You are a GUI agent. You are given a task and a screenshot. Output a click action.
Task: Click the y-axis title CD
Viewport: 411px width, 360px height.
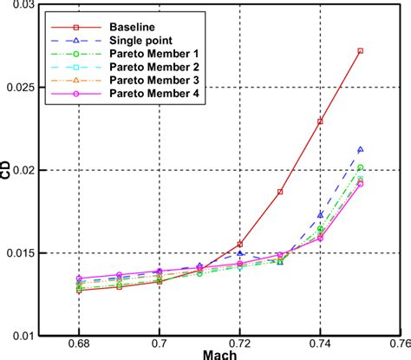[x=9, y=173]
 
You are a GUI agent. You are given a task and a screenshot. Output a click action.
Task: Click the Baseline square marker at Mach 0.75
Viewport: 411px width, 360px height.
[x=361, y=51]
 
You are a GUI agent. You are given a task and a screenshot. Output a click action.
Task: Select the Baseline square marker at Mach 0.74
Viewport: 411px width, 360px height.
[x=321, y=121]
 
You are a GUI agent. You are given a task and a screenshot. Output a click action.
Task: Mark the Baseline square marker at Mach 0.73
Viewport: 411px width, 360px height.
[x=280, y=192]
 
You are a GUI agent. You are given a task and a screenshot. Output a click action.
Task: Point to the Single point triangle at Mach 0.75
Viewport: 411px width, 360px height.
[x=361, y=150]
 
